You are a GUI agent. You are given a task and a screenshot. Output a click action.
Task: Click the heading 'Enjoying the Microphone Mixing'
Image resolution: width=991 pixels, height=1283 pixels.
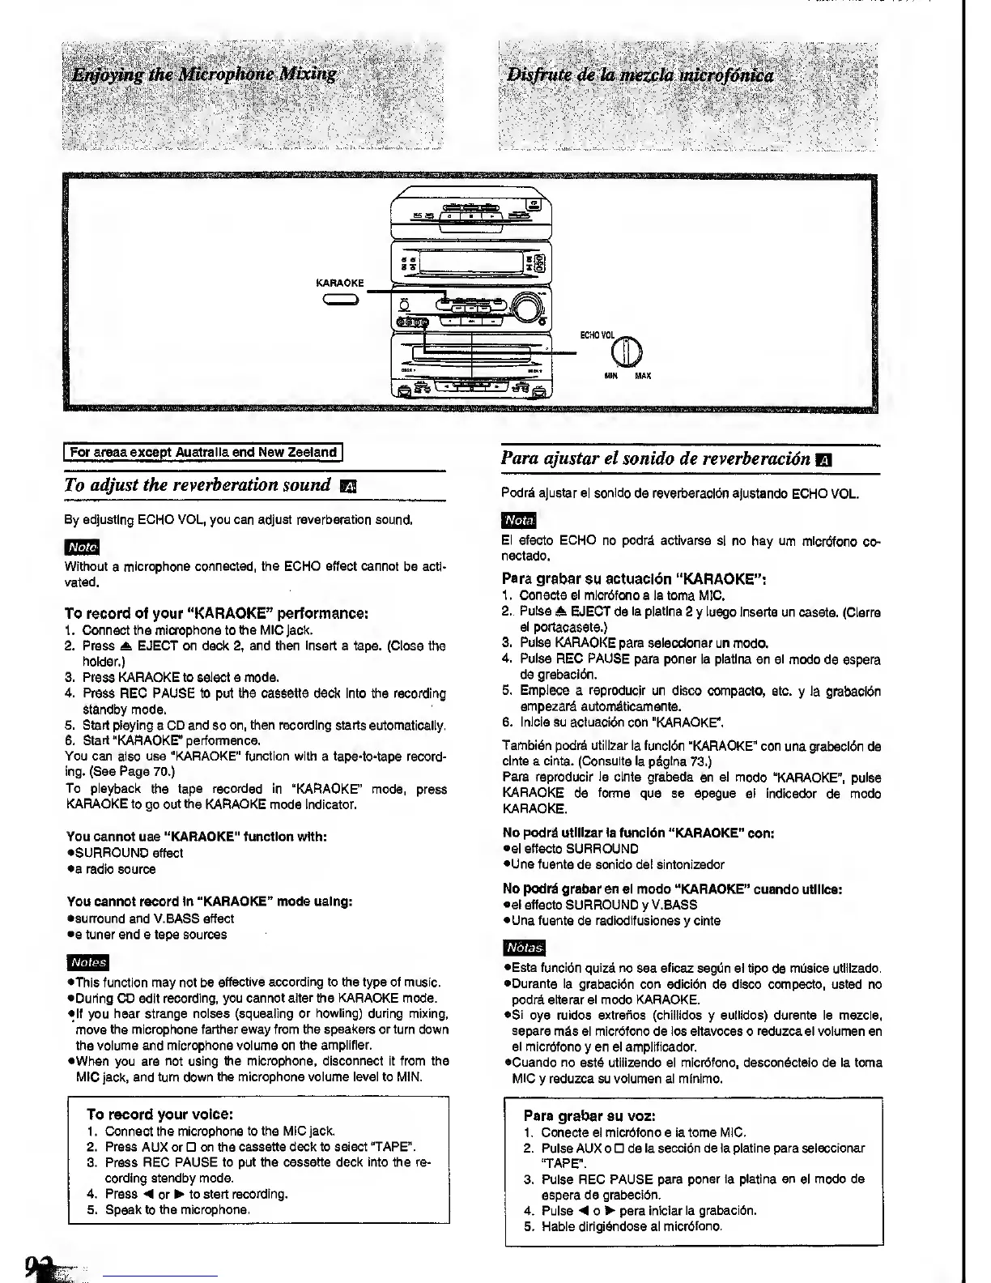(203, 75)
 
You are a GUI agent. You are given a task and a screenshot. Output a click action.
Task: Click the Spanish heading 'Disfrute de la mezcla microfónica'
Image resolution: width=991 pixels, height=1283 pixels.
(640, 76)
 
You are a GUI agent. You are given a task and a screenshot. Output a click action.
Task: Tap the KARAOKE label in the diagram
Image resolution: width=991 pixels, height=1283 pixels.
(340, 283)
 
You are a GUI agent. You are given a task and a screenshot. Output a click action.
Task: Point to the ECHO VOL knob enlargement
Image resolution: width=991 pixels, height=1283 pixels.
(629, 350)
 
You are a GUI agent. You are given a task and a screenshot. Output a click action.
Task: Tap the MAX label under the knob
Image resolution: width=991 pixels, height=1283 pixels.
(643, 376)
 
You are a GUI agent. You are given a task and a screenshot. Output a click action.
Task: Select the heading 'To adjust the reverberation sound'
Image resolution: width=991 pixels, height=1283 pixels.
(198, 484)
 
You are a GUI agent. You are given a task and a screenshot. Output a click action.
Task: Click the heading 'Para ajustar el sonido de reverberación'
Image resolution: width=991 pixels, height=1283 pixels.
(656, 458)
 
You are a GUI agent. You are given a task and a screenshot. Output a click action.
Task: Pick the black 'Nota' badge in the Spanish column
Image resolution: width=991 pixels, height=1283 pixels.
(518, 519)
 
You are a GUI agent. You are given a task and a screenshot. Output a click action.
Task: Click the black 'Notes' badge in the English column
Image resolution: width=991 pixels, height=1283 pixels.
(87, 962)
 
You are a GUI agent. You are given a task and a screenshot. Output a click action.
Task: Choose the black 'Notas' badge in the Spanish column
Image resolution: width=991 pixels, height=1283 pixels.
(524, 947)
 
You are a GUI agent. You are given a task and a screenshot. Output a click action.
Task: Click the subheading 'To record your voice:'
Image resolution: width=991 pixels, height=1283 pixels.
(159, 1114)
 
